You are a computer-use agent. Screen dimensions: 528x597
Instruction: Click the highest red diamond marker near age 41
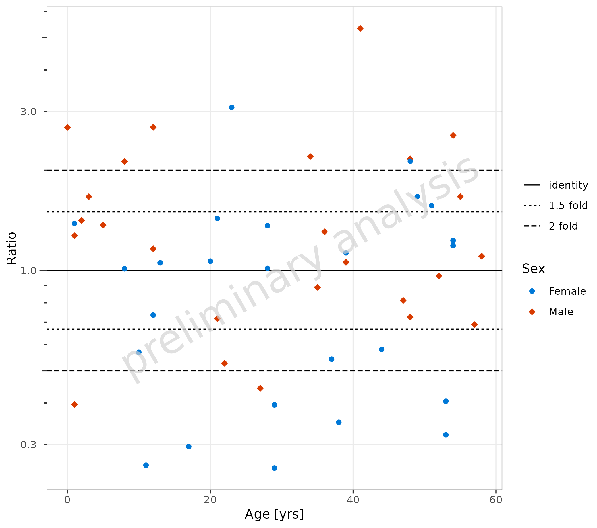[x=360, y=28]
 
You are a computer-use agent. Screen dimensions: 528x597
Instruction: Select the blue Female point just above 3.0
[x=232, y=107]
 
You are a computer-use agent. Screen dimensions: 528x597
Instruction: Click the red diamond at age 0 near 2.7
[x=67, y=127]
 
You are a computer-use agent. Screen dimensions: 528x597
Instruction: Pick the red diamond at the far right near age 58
[x=482, y=256]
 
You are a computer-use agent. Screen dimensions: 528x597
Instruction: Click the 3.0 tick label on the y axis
[x=28, y=112]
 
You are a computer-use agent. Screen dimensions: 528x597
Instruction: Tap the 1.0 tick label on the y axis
[x=28, y=271]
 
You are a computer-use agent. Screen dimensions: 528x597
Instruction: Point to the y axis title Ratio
[x=12, y=248]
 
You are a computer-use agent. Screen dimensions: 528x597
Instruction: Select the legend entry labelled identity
[x=568, y=185]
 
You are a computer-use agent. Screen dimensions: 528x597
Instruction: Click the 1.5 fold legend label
[x=568, y=206]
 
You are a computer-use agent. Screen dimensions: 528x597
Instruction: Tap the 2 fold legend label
[x=563, y=226]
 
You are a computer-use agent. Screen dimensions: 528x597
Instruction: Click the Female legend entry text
[x=567, y=291]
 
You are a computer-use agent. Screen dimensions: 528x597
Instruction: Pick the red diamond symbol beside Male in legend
[x=532, y=312]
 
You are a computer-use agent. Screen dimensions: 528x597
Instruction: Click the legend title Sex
[x=533, y=269]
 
